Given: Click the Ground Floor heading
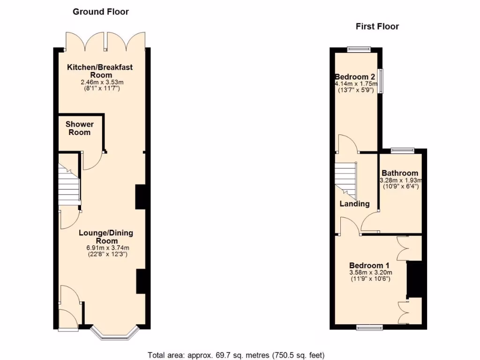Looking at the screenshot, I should (x=100, y=11).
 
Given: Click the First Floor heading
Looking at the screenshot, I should (x=377, y=26).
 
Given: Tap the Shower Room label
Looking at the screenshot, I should (x=79, y=128).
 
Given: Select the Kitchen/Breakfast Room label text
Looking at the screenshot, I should (x=99, y=71).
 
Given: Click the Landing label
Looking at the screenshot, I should (x=354, y=204).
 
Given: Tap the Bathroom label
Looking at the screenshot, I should (x=399, y=173).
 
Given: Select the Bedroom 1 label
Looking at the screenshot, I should (x=370, y=265).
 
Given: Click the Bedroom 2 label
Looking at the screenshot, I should (x=354, y=77).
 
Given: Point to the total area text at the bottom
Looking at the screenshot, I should (x=236, y=355).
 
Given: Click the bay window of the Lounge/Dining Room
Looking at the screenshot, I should (x=113, y=332).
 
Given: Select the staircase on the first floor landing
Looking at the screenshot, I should (x=345, y=179).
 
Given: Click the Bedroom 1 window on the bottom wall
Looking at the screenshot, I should (x=369, y=327).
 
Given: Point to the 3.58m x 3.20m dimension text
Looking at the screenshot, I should (x=370, y=272).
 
